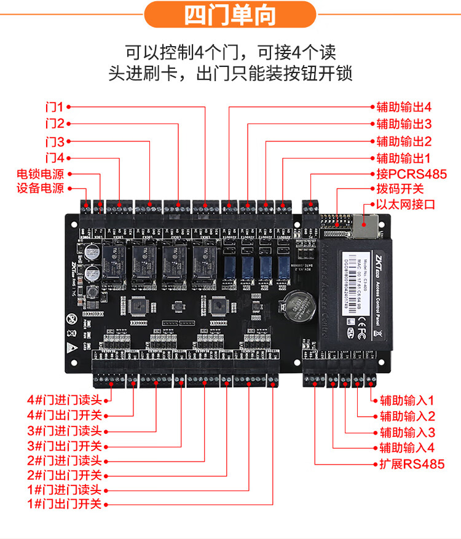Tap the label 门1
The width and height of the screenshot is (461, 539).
point(55,106)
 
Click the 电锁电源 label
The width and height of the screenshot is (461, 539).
point(40,174)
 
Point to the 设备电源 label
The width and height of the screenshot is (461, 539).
point(40,189)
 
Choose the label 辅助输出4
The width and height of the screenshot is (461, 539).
point(404,107)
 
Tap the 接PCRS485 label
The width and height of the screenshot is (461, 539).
point(408,174)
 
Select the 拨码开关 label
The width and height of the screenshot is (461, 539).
point(400,189)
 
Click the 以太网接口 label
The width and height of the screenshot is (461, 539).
point(406,204)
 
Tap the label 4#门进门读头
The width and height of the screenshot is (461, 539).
point(65,399)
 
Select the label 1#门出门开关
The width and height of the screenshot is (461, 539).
point(65,505)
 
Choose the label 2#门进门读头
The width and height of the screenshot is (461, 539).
point(65,460)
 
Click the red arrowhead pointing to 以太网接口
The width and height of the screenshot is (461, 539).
point(371,204)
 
